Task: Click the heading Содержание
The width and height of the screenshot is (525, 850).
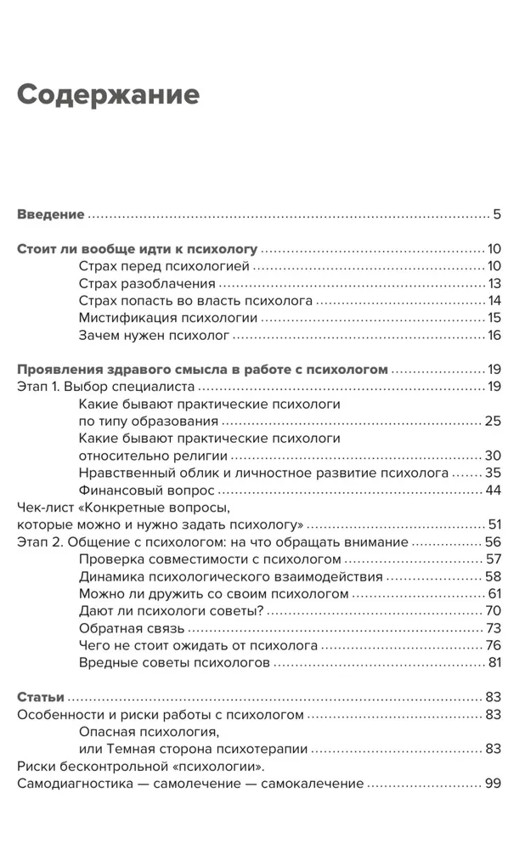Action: [108, 95]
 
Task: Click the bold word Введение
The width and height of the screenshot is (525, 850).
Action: [51, 214]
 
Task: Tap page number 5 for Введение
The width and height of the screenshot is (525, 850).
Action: [497, 214]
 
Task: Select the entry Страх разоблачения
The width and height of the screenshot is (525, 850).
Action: [147, 284]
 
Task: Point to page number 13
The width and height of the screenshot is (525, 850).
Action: [494, 284]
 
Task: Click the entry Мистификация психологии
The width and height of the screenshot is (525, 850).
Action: [168, 318]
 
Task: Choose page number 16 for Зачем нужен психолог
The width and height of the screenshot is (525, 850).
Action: [494, 335]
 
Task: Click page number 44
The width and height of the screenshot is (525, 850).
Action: [494, 490]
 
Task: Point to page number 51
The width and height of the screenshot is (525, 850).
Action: [494, 524]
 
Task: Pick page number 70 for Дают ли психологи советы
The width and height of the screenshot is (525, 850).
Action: [494, 610]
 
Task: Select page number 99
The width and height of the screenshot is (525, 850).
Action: [494, 783]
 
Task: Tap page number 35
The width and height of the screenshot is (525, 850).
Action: [494, 472]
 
